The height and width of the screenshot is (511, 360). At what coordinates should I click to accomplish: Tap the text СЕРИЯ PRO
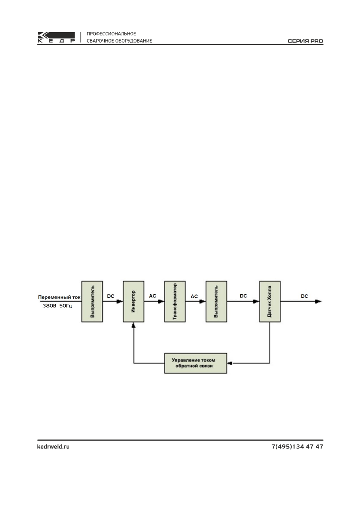click(x=305, y=42)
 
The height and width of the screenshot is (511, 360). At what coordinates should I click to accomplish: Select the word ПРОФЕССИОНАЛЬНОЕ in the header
click(x=112, y=33)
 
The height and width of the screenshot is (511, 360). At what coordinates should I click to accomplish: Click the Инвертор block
click(x=134, y=301)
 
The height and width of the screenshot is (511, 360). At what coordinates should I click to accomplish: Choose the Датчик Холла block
click(x=269, y=301)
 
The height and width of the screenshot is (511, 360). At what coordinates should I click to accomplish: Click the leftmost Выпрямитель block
click(x=92, y=301)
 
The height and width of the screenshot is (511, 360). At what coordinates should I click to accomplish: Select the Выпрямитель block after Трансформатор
click(x=217, y=301)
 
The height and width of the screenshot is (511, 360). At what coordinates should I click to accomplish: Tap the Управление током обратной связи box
click(x=196, y=363)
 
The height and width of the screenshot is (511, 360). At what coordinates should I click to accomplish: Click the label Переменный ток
click(x=58, y=297)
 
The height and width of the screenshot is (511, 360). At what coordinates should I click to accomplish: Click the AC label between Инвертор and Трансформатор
click(x=153, y=296)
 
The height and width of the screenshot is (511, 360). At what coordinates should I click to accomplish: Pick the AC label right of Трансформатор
click(x=194, y=296)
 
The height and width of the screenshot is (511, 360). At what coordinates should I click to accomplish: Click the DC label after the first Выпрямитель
click(x=111, y=296)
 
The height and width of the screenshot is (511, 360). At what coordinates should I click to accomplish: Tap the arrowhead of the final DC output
click(x=318, y=301)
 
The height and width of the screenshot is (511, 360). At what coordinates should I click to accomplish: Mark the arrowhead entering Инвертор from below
click(x=134, y=326)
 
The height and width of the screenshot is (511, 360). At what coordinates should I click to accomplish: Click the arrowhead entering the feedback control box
click(x=230, y=363)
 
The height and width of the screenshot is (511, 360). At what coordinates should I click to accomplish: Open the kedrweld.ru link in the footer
click(x=51, y=447)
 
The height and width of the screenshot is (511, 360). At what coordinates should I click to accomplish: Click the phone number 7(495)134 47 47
click(x=297, y=447)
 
